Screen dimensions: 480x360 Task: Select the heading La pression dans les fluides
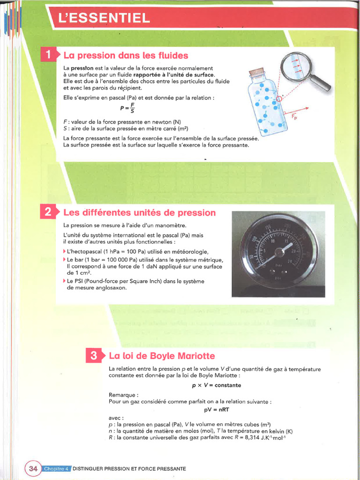[x=126, y=55]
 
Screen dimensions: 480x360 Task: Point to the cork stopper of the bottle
[x=256, y=73]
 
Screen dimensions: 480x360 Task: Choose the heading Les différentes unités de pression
[x=139, y=213]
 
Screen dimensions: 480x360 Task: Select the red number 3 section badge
[x=94, y=356]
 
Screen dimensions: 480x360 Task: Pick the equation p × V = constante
[x=217, y=385]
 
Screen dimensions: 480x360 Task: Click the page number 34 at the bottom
[x=33, y=468]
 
